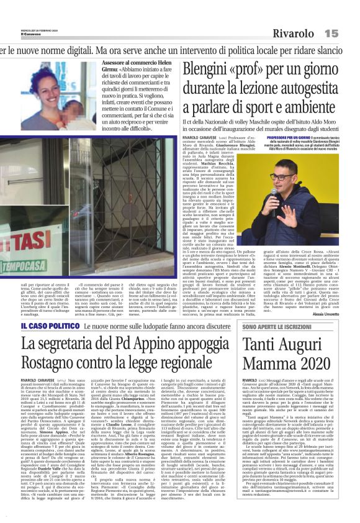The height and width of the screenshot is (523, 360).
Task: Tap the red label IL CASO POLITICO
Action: pyautogui.click(x=40, y=325)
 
